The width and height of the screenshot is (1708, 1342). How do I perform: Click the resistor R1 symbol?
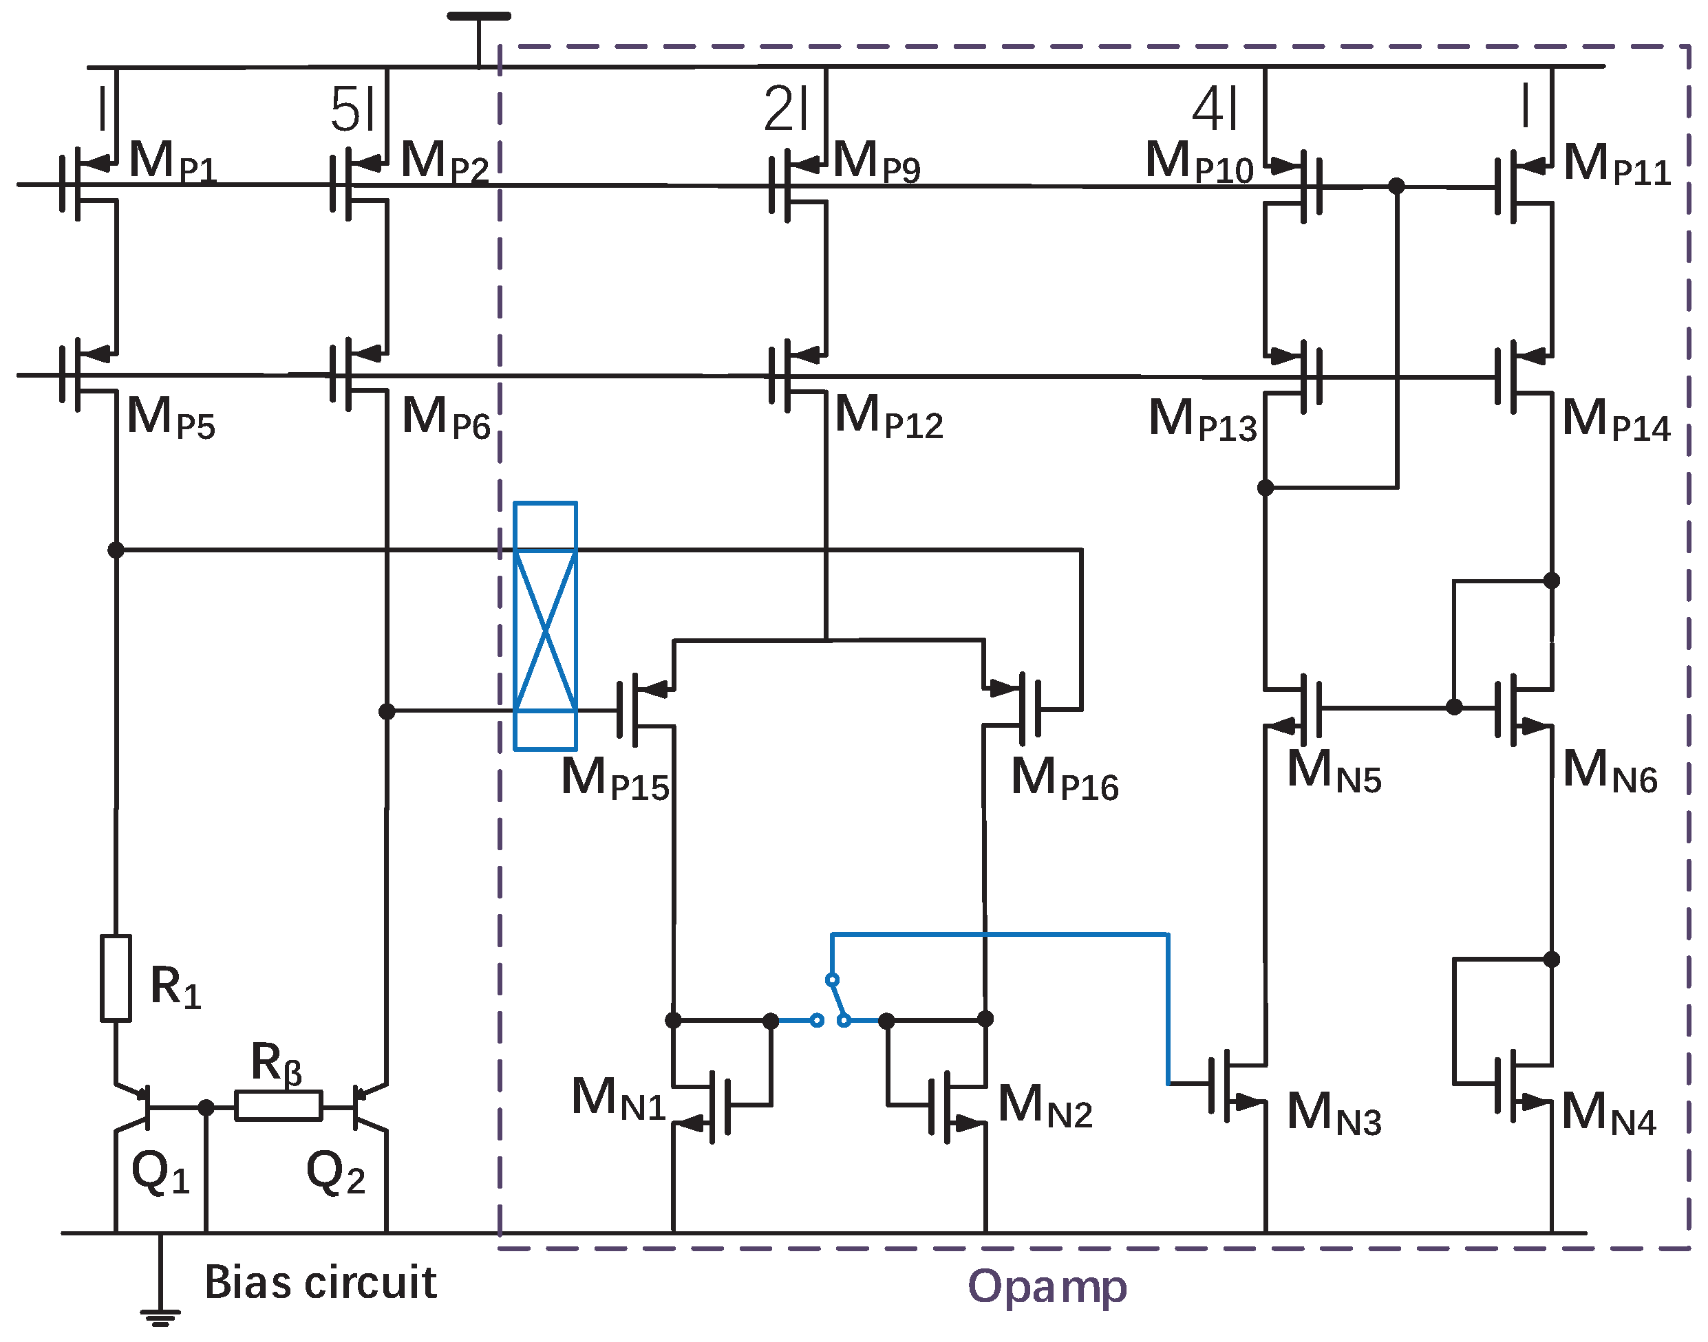pos(116,978)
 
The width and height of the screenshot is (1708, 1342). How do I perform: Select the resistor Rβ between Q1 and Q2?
pos(278,1105)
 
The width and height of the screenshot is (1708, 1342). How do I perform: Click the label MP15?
pos(615,779)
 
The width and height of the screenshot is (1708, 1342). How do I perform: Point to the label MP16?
pos(1065,779)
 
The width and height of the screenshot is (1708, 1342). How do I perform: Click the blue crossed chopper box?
pos(545,626)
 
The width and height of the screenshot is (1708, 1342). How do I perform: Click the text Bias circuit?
pos(320,1283)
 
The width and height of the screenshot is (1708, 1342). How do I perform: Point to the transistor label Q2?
pos(336,1172)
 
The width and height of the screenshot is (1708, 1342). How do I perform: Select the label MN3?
pos(1334,1114)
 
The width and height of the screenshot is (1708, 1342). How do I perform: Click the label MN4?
pos(1608,1114)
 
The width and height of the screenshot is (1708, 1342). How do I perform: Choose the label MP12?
pos(888,418)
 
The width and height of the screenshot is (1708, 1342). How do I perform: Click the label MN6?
pos(1610,771)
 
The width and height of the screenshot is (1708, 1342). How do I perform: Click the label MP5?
pos(171,418)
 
